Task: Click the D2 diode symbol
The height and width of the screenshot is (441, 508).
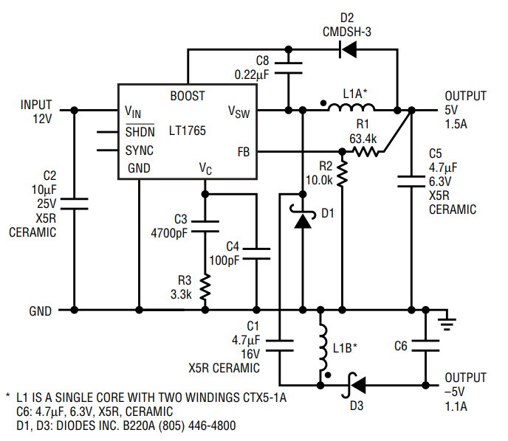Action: pos(348,49)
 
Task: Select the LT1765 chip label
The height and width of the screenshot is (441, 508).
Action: pos(188,131)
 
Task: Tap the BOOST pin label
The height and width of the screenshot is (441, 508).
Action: pos(188,96)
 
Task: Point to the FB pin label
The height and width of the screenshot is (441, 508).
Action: pos(244,152)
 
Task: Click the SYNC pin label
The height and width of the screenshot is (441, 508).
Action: pos(140,150)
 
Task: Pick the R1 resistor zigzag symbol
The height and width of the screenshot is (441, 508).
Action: pos(365,151)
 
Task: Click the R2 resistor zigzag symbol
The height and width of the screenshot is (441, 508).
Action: pos(342,174)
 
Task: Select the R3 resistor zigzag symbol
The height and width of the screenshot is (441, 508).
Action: pos(205,287)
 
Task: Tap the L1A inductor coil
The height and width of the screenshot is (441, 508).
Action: pos(351,108)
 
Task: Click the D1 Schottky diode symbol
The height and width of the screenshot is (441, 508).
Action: pos(303,216)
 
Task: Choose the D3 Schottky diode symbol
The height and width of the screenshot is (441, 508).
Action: pos(354,385)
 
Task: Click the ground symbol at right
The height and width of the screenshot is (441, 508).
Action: pos(447,324)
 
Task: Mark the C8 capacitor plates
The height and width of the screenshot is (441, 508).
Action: pos(288,68)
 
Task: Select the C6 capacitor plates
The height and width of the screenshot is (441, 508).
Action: pos(426,346)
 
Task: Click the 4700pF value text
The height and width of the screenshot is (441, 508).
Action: pos(169,233)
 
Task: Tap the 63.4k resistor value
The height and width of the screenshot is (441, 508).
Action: pos(363,139)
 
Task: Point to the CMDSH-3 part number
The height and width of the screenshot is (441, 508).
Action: pos(347,32)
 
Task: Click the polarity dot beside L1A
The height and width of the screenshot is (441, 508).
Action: pos(323,103)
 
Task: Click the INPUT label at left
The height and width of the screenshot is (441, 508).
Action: pos(36,105)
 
